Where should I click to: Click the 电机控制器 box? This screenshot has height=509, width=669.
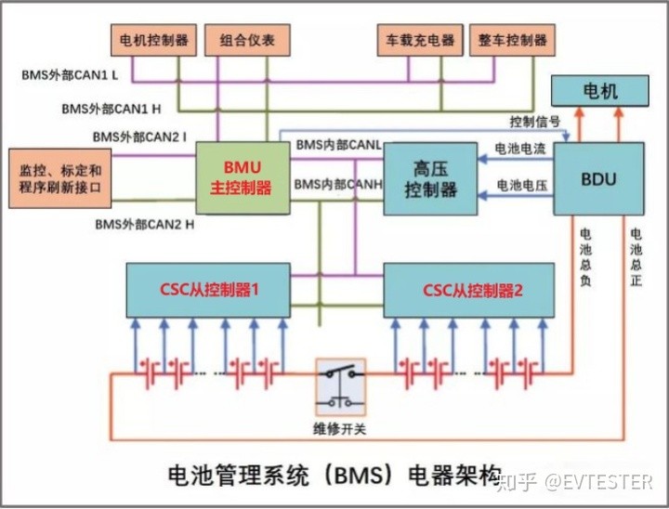click(x=154, y=40)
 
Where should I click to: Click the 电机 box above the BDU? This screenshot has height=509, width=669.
click(x=599, y=91)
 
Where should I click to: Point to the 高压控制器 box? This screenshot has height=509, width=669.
click(x=431, y=178)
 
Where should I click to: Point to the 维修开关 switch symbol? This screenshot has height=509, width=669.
click(x=338, y=386)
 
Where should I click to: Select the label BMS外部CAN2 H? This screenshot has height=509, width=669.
click(x=144, y=224)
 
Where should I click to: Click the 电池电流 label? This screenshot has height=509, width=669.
click(x=520, y=149)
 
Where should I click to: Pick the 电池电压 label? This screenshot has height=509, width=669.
click(x=520, y=186)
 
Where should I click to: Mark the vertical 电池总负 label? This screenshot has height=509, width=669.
click(x=584, y=258)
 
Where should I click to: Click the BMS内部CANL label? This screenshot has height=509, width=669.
click(x=338, y=145)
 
